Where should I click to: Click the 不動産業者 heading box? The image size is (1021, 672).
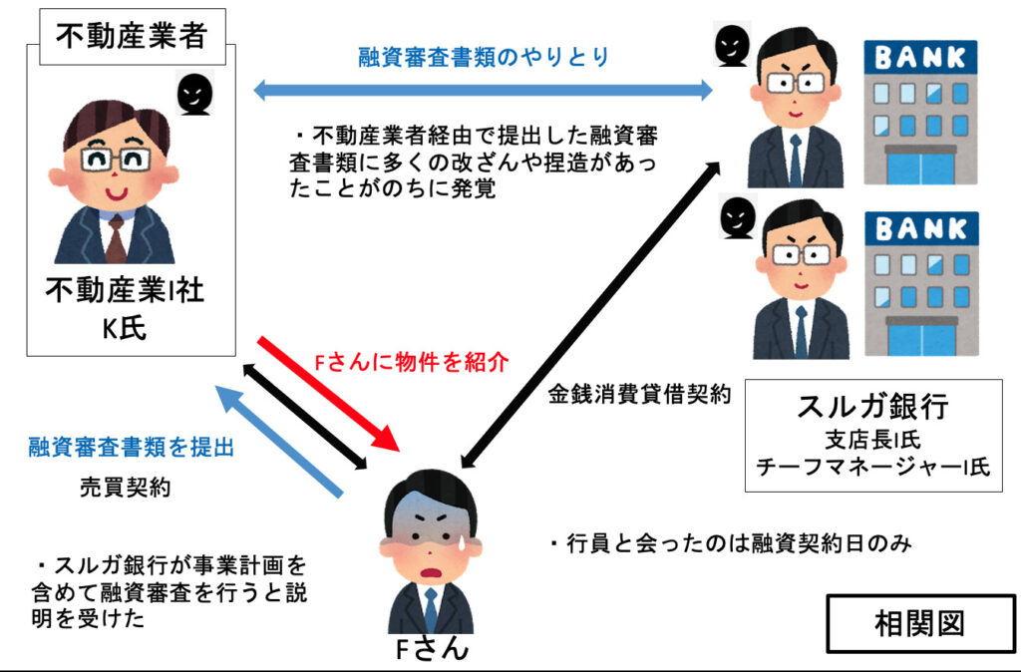pos(131,37)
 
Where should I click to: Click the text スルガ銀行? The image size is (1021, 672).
pos(871,407)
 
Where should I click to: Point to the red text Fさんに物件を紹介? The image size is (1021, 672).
pos(412,360)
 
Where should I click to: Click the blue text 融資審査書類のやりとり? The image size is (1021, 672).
pos(484,57)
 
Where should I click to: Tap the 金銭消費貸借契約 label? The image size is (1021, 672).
pos(639,393)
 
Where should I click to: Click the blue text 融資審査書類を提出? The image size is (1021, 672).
pos(132,449)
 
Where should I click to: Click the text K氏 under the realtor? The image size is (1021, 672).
pos(125,329)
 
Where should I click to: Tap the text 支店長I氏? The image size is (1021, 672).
pos(871,439)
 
